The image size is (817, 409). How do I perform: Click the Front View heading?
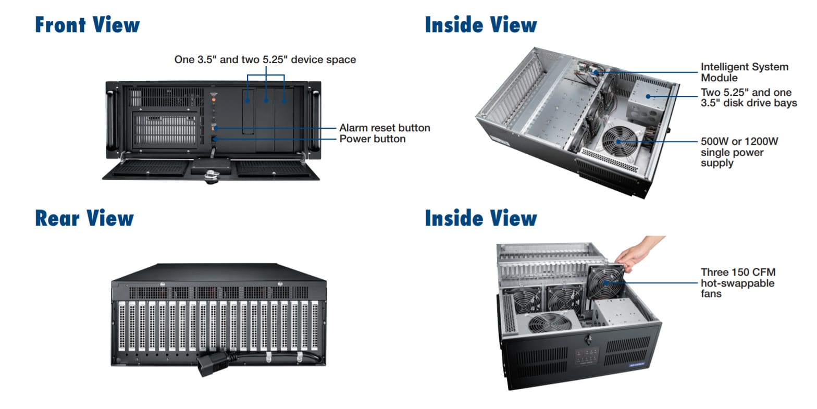(x=87, y=25)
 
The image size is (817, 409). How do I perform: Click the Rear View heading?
(x=84, y=218)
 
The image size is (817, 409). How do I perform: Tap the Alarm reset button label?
(x=385, y=128)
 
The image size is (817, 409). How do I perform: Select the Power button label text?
(x=372, y=139)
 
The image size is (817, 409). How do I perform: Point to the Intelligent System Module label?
(x=744, y=72)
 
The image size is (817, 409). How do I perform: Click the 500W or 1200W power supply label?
(x=739, y=152)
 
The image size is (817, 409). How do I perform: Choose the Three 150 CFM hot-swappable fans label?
(x=737, y=283)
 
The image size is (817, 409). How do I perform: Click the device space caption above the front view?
(x=265, y=60)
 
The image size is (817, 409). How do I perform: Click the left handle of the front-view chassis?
(x=110, y=120)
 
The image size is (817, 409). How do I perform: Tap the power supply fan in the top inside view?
(x=618, y=140)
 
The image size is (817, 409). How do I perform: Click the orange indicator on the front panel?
(x=213, y=99)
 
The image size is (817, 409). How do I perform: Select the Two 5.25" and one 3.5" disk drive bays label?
(x=748, y=98)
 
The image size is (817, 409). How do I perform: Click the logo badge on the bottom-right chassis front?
(x=637, y=364)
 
